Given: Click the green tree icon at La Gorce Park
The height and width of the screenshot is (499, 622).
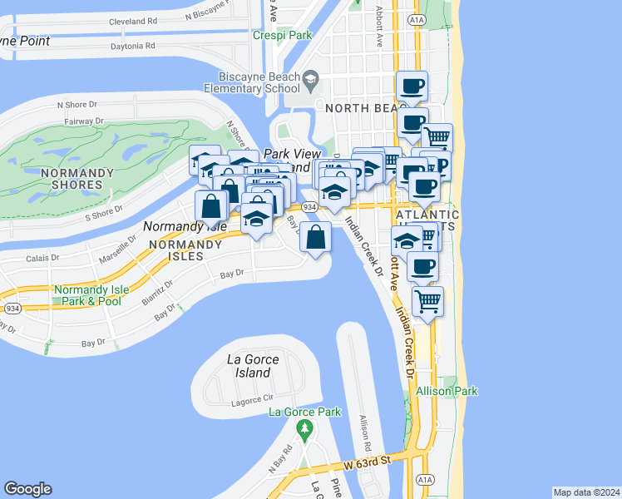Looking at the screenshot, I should click(x=304, y=430).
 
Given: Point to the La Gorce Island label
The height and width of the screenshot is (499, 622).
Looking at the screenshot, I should click(x=253, y=366).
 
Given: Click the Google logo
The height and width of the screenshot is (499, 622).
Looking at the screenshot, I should click(x=27, y=489).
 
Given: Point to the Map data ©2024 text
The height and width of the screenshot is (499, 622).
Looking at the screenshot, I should click(x=586, y=492).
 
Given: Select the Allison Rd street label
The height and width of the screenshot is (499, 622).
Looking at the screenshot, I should click(x=364, y=427).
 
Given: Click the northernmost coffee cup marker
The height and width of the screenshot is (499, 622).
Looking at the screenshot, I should click(x=412, y=85).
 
